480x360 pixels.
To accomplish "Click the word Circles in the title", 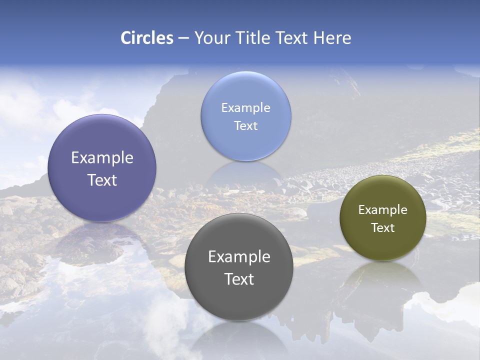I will click(146, 38).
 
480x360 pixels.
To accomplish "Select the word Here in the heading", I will click(332, 38).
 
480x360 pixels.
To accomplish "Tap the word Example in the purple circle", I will click(102, 157).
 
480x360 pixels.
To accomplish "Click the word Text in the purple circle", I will click(102, 180).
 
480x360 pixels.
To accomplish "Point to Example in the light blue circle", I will click(245, 107).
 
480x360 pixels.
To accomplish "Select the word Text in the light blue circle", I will click(245, 125).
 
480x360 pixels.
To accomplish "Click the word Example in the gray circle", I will click(239, 256).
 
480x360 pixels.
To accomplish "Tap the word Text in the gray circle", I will click(239, 279).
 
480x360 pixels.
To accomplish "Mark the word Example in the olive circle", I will click(382, 209).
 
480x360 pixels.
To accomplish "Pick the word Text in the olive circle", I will click(382, 227).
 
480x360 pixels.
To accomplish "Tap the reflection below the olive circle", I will click(382, 277).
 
